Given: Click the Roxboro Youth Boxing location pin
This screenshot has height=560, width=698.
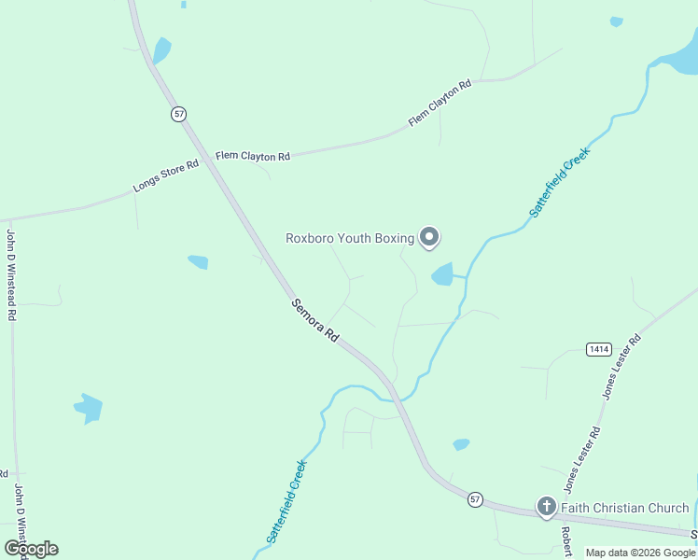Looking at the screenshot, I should [x=429, y=238].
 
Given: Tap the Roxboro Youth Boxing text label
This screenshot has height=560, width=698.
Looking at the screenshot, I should [x=349, y=238].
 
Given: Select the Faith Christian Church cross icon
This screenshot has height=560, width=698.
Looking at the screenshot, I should [x=547, y=507].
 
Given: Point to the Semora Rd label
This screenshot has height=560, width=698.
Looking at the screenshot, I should [x=314, y=319].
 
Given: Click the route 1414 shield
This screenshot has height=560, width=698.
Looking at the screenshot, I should [x=598, y=349].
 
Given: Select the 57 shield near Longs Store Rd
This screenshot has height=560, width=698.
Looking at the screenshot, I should [x=179, y=114].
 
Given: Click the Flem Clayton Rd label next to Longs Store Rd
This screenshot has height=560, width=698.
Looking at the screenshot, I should [x=253, y=156].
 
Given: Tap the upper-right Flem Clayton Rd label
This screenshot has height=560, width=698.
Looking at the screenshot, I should [x=440, y=103].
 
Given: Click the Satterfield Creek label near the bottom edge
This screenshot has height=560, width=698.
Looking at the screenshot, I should [x=286, y=500].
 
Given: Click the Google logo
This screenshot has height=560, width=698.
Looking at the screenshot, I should [x=32, y=549].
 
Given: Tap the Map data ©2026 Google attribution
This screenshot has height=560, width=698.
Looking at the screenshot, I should [x=641, y=553].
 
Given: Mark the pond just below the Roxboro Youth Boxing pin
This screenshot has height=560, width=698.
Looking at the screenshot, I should [x=442, y=274].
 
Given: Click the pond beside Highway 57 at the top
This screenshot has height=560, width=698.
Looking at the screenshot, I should [x=162, y=49].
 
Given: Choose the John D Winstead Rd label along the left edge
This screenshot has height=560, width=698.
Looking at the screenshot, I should [x=12, y=274].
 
